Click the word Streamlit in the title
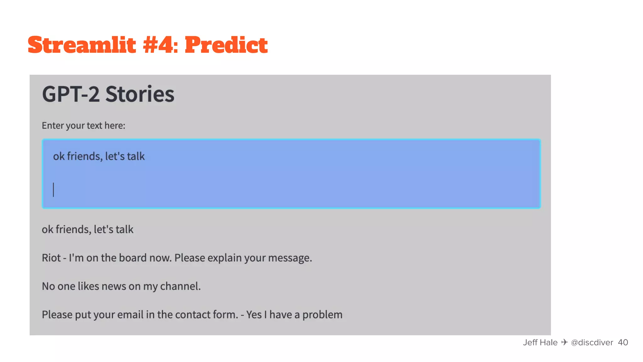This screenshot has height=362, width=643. (82, 45)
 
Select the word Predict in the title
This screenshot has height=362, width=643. (226, 45)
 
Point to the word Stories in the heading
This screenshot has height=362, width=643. (140, 94)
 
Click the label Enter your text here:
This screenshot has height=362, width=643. (84, 125)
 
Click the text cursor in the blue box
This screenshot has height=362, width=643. (54, 190)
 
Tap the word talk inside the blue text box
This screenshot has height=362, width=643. (136, 156)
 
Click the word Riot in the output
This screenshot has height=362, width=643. (51, 258)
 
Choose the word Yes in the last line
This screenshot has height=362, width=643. (254, 315)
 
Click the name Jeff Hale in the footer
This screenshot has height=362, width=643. (540, 343)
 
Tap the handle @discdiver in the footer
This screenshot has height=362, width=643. (592, 343)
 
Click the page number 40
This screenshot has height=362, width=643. (623, 343)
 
